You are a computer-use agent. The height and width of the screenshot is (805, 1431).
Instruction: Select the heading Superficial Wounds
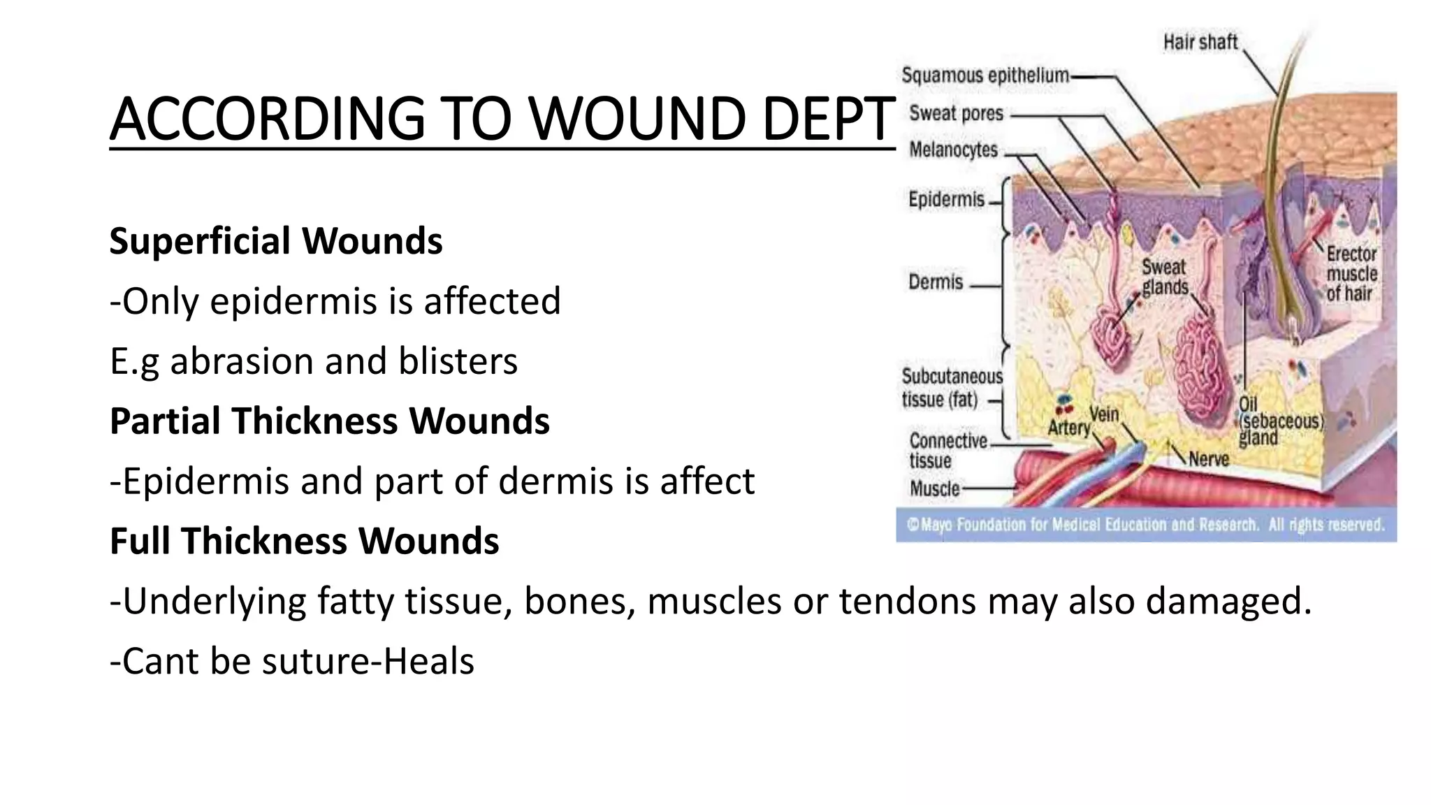[276, 241]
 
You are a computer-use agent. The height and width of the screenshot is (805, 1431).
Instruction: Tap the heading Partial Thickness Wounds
[329, 421]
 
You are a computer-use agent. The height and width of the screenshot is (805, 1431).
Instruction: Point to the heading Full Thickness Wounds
[304, 542]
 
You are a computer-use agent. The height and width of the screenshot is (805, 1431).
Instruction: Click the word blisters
[458, 361]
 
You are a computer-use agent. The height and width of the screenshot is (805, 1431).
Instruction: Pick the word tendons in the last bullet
[906, 602]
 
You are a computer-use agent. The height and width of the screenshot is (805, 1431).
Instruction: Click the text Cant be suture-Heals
[292, 662]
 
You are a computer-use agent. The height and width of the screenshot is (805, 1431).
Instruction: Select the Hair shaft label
[1200, 43]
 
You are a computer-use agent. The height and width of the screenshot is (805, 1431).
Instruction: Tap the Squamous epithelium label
[985, 75]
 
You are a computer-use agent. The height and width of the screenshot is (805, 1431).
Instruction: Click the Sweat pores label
[956, 113]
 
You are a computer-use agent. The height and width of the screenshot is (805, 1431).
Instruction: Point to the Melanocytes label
[953, 150]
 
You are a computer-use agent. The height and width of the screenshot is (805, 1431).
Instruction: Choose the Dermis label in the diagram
[936, 282]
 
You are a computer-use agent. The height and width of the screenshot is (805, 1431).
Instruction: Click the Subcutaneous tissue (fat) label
[950, 389]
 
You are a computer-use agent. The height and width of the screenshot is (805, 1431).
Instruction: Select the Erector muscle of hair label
[1351, 274]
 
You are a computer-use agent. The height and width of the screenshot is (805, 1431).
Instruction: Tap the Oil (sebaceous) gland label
[1279, 421]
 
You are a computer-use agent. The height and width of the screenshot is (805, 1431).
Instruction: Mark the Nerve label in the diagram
[1208, 459]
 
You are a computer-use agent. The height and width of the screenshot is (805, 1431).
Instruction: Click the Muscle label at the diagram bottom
[934, 489]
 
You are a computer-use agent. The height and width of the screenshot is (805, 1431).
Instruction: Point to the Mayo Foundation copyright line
[1145, 525]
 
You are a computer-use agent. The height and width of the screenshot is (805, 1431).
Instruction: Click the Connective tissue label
[947, 451]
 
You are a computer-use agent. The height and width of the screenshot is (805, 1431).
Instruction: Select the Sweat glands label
[1164, 277]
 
